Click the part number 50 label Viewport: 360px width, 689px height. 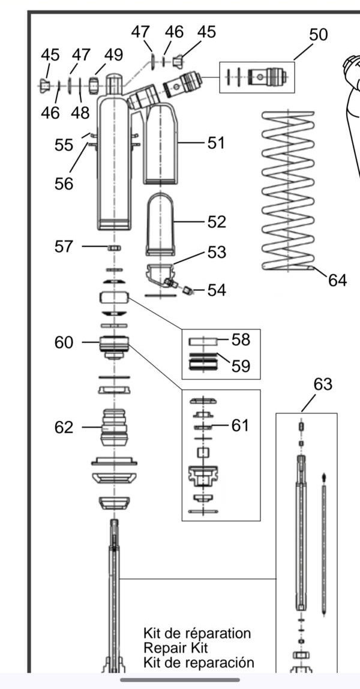318,35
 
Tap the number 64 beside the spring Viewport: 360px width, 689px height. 338,279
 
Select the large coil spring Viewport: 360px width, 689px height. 289,190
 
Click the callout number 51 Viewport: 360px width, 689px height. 215,143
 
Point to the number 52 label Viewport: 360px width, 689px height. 217,222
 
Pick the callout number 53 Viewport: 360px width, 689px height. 217,252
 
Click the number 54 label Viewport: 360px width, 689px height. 217,290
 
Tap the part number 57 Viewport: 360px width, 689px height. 64,246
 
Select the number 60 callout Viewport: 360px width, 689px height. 64,342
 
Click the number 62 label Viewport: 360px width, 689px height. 64,427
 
